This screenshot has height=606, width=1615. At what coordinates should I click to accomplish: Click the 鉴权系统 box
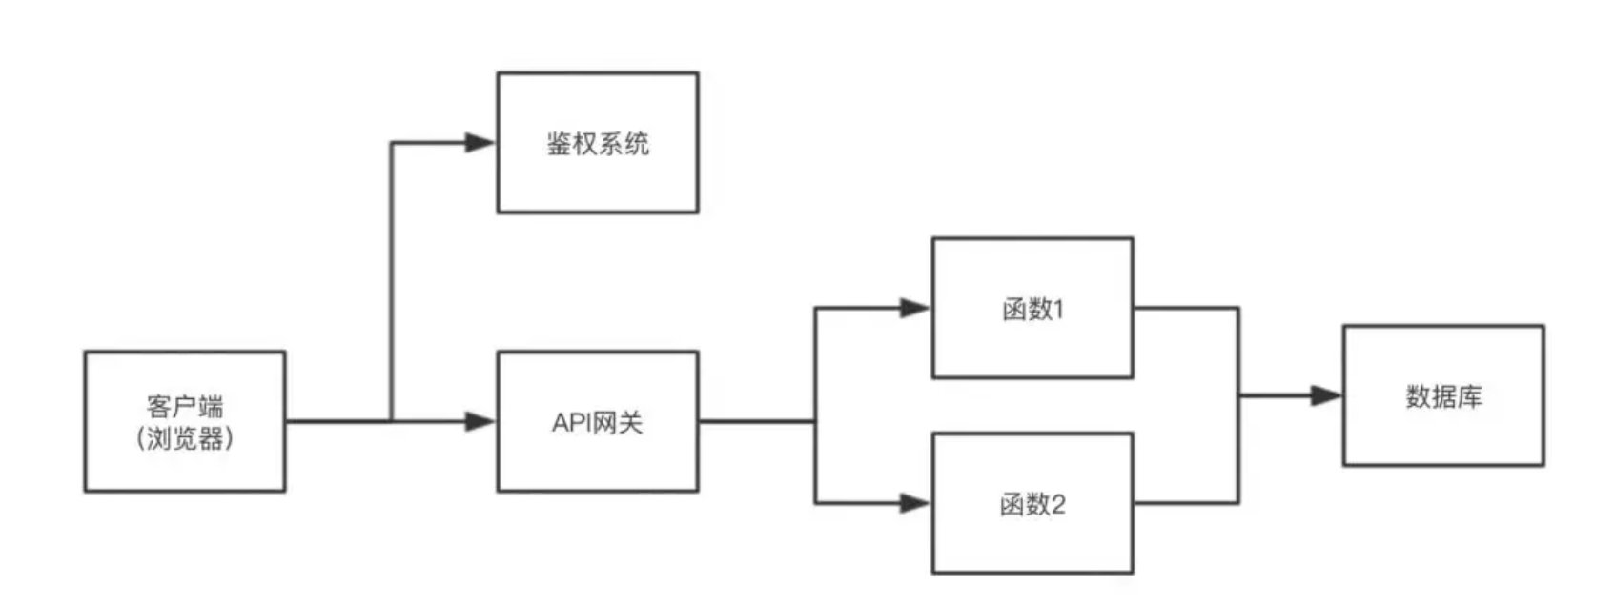click(598, 143)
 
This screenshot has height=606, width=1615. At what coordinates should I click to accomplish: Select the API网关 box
click(598, 421)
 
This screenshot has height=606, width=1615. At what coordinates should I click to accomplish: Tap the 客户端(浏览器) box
click(185, 421)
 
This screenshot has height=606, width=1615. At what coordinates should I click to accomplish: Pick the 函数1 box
click(1032, 308)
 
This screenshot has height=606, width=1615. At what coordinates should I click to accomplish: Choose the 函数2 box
click(1032, 503)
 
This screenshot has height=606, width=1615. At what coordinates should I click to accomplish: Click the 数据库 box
click(1443, 395)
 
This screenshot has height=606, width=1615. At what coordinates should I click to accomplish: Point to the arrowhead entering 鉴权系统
click(480, 143)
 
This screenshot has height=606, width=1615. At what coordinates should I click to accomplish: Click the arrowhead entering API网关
click(480, 421)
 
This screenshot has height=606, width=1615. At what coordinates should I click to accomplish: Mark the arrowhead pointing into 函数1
click(915, 308)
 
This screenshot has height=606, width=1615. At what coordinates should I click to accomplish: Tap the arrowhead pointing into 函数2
click(915, 503)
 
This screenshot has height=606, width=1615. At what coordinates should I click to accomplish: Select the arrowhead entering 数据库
click(1326, 395)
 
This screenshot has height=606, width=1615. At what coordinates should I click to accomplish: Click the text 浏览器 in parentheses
click(185, 439)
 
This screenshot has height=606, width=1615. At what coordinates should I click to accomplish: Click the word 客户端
click(185, 407)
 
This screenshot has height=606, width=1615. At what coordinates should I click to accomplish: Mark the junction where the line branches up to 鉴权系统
click(392, 420)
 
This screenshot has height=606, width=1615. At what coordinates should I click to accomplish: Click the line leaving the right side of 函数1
click(1186, 308)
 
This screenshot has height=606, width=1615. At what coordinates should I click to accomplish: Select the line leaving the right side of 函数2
click(1186, 503)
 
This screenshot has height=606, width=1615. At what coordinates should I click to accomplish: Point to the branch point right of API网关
click(815, 420)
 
